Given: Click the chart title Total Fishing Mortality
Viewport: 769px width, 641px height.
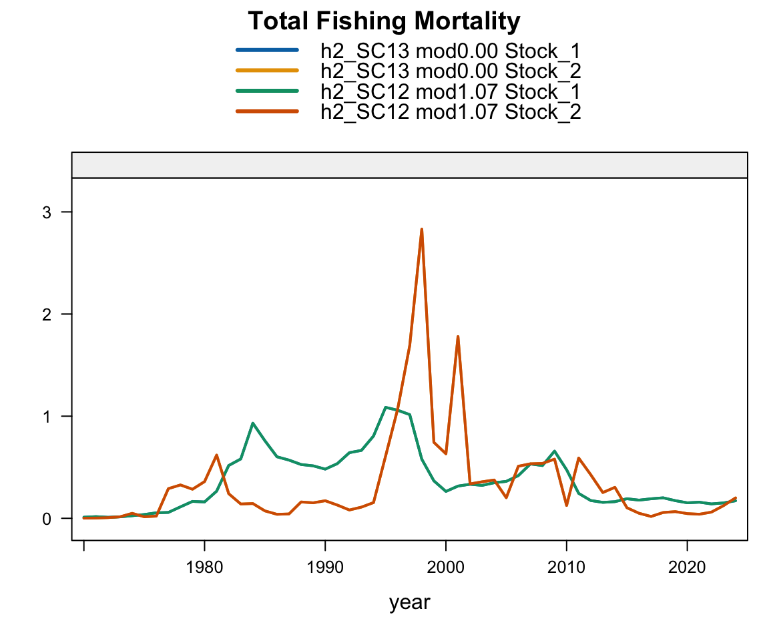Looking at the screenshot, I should (x=384, y=22).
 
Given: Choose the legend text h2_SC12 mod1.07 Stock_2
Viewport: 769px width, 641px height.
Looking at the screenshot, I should (x=451, y=112).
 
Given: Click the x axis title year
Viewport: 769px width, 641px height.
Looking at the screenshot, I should (x=410, y=602).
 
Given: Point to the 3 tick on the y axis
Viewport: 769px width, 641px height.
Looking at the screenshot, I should (x=47, y=212).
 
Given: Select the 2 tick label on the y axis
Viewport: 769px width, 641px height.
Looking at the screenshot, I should (x=47, y=314).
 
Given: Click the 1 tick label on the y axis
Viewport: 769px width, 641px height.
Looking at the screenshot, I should (x=47, y=416).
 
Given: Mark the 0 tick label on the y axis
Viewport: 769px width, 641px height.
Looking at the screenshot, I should (x=47, y=518).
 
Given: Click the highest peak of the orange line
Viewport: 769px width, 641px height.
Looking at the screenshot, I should (x=422, y=229).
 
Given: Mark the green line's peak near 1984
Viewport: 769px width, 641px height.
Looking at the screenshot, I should (x=252, y=423).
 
